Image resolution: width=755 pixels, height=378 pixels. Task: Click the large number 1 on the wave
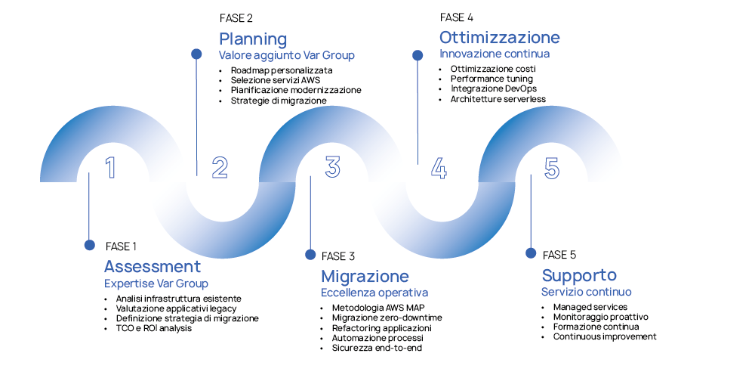[110, 167]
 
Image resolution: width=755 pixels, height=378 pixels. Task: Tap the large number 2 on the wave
[220, 167]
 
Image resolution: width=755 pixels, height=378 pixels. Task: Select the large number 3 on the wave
[332, 167]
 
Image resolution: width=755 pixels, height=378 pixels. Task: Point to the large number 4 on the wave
[439, 167]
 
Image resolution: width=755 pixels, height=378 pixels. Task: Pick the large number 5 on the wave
[552, 167]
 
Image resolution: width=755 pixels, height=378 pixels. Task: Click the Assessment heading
[153, 267]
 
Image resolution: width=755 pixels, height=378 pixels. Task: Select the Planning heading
[253, 39]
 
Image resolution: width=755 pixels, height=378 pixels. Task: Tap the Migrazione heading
[365, 276]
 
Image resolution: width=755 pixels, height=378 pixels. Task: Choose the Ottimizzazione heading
[500, 37]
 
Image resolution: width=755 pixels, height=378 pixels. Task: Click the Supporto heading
[579, 275]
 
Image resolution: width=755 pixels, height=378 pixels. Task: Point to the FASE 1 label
[122, 246]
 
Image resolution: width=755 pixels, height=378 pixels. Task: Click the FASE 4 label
[457, 17]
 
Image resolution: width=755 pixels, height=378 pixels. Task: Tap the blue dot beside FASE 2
[196, 54]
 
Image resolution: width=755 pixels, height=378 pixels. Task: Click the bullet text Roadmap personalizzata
[282, 70]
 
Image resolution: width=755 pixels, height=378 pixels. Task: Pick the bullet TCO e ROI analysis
[154, 328]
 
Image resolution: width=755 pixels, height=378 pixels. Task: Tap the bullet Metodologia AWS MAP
[377, 308]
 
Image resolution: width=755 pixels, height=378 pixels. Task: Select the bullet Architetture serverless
[498, 99]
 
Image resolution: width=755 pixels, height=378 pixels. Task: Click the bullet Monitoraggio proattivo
[600, 317]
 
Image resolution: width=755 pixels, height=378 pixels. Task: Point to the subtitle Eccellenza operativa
[374, 293]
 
